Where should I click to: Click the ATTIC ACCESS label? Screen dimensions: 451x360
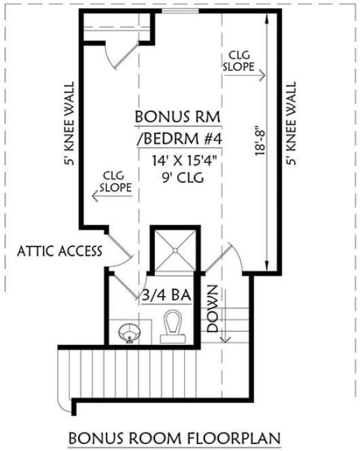pyautogui.click(x=60, y=251)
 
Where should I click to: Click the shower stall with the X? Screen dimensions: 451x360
pyautogui.click(x=175, y=249)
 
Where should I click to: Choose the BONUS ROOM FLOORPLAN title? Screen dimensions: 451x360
pyautogui.click(x=181, y=435)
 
